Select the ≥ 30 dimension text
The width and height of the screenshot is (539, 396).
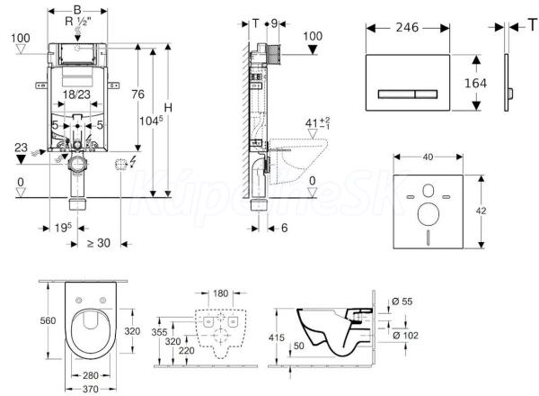97,242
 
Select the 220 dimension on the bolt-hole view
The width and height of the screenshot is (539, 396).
186,352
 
